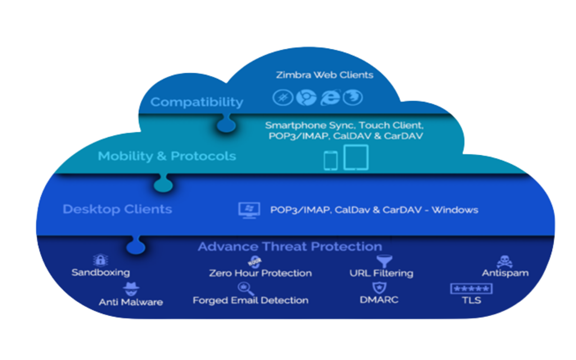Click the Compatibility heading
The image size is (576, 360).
pyautogui.click(x=197, y=102)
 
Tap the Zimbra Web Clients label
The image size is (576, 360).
pyautogui.click(x=324, y=75)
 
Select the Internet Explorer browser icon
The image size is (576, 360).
pyautogui.click(x=330, y=98)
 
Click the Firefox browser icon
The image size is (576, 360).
pyautogui.click(x=352, y=98)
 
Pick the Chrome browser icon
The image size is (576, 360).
pyautogui.click(x=306, y=98)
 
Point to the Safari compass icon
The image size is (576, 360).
pyautogui.click(x=283, y=98)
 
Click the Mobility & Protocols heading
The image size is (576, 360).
pyautogui.click(x=167, y=156)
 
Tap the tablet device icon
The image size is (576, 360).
pyautogui.click(x=356, y=157)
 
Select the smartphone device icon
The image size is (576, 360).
pyautogui.click(x=330, y=161)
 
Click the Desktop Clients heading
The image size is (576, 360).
pyautogui.click(x=117, y=209)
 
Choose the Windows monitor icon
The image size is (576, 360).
pyautogui.click(x=249, y=210)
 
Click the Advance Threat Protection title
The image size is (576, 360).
pyautogui.click(x=290, y=247)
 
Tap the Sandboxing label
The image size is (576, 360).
pyautogui.click(x=100, y=273)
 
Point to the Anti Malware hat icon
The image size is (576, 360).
pyautogui.click(x=131, y=288)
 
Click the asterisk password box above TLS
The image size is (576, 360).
pyautogui.click(x=471, y=289)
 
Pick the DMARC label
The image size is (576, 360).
pyautogui.click(x=379, y=300)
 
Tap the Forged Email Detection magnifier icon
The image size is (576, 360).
pyautogui.click(x=246, y=288)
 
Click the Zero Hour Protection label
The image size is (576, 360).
pyautogui.click(x=260, y=273)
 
